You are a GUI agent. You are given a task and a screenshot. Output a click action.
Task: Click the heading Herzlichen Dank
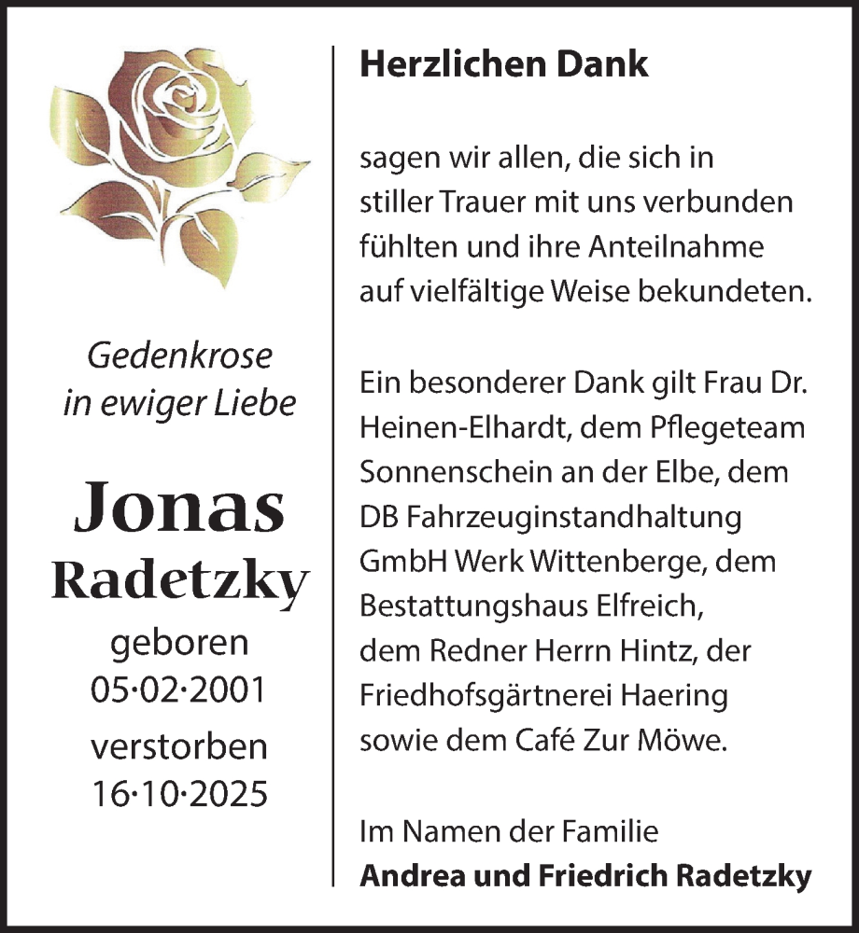coord(504,63)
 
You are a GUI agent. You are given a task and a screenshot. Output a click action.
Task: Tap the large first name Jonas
coord(179,508)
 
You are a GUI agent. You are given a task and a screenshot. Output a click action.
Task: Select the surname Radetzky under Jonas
coord(179,581)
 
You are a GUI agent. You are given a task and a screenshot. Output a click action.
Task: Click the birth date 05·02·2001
coord(178,689)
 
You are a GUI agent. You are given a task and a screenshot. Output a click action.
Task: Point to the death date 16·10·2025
coord(178,793)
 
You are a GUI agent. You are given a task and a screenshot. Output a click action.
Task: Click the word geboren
coord(179,644)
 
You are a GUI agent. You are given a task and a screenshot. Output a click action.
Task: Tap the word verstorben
coord(179,747)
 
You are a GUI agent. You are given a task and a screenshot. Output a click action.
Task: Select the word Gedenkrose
coord(179,355)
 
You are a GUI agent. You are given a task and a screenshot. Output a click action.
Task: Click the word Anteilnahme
coord(662,247)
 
